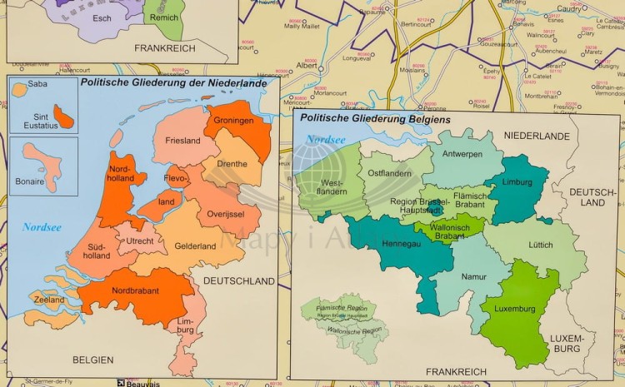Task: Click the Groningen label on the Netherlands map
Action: coord(232,121)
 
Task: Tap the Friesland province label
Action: coord(182,141)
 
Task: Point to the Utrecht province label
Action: coord(139,241)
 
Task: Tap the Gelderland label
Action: coord(195,246)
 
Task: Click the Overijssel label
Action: coord(224,214)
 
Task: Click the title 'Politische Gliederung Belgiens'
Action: coord(374,120)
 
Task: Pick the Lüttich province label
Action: coord(539,245)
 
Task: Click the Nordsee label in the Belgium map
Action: coord(324,140)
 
